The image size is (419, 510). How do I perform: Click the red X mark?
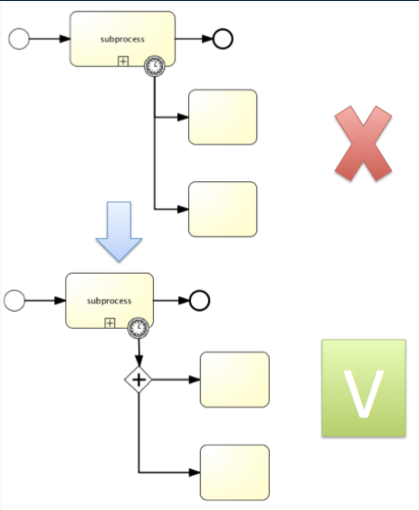point(363,143)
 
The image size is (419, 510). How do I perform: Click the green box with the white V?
point(364,388)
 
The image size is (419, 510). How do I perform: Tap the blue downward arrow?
point(119,231)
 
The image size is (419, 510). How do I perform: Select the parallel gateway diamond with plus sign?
point(138,380)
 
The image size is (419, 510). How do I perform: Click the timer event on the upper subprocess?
point(155,66)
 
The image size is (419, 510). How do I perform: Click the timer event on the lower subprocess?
point(138,328)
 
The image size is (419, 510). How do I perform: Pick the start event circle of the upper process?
point(19,38)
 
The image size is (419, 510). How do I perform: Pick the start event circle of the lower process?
point(14,300)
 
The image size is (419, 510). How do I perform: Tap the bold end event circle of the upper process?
point(223,38)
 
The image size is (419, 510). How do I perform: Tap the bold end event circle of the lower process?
point(200,300)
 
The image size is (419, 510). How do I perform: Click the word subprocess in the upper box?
point(122,39)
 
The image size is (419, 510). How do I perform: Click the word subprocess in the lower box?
point(109,301)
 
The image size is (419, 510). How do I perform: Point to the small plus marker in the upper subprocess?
point(123,61)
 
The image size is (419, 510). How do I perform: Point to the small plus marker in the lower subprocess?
point(110,323)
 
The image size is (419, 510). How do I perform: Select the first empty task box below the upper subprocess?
point(223,117)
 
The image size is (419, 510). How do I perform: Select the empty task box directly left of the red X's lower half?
point(223,209)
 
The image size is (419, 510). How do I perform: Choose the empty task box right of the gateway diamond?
point(235,380)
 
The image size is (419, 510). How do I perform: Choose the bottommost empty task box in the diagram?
point(235,472)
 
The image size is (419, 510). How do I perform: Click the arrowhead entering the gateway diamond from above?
point(139,361)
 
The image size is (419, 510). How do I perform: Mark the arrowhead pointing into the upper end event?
point(207,38)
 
